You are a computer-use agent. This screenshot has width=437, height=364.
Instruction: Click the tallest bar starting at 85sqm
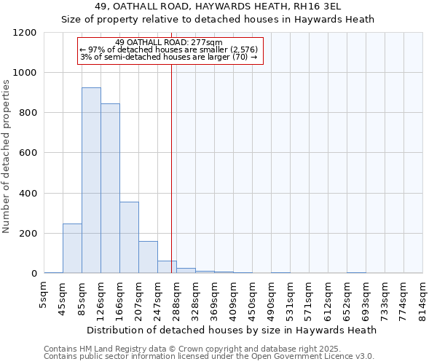[91, 181]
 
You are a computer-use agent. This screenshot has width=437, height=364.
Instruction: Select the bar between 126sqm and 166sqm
[110, 189]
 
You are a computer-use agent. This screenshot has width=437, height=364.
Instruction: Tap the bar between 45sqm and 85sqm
[72, 248]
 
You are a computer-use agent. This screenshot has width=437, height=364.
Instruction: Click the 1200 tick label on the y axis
[25, 33]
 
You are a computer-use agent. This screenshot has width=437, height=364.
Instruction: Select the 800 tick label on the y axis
[28, 113]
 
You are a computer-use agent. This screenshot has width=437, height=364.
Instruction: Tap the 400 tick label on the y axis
[28, 194]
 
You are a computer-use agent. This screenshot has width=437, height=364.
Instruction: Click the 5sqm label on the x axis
[44, 294]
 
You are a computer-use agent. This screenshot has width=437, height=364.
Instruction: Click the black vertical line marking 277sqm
[171, 167]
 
